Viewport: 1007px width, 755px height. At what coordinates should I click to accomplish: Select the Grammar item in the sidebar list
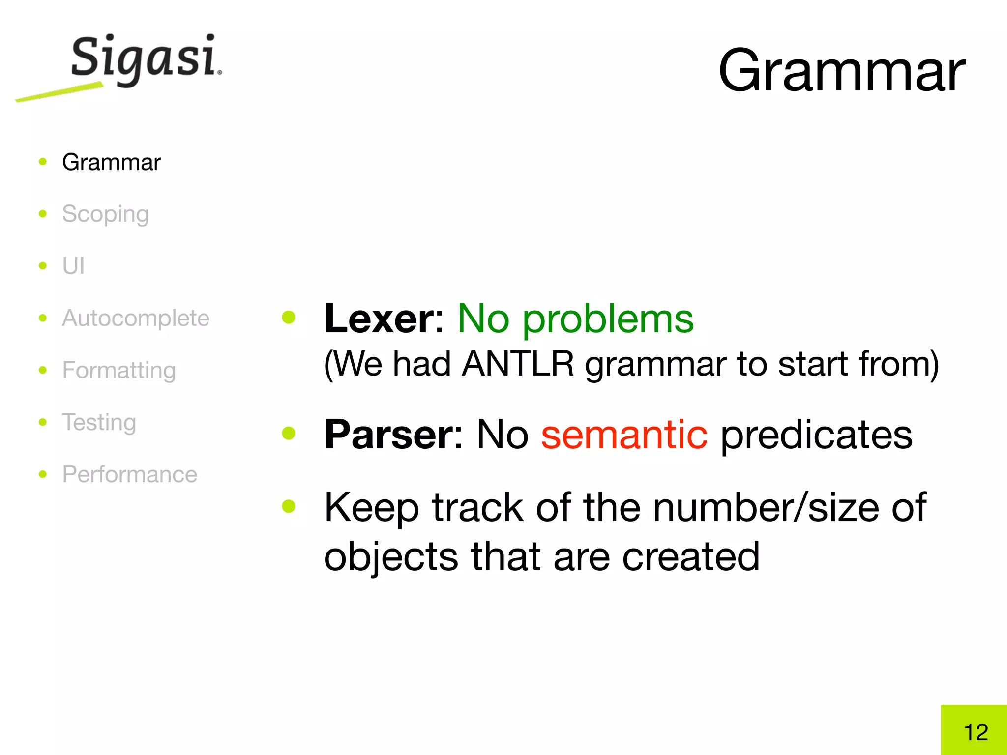[x=111, y=162]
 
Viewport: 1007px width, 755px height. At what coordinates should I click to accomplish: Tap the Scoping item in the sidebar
[x=105, y=214]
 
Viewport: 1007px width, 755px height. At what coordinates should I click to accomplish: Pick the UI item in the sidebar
[x=73, y=266]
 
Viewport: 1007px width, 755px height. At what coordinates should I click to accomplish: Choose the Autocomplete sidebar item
[x=136, y=318]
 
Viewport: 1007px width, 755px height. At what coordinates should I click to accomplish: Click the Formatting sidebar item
[x=119, y=370]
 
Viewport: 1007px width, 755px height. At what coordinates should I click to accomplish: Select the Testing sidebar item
[x=99, y=422]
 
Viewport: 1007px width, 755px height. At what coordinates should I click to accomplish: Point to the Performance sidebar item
[x=130, y=474]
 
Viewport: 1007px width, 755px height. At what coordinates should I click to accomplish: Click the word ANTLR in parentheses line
[x=518, y=364]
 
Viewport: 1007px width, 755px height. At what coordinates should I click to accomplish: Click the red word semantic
[x=624, y=435]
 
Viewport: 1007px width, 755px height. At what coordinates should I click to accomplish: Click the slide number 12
[x=976, y=732]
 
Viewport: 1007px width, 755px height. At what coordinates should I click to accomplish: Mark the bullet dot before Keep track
[x=289, y=506]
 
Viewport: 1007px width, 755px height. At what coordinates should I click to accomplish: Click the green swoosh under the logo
[x=59, y=93]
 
